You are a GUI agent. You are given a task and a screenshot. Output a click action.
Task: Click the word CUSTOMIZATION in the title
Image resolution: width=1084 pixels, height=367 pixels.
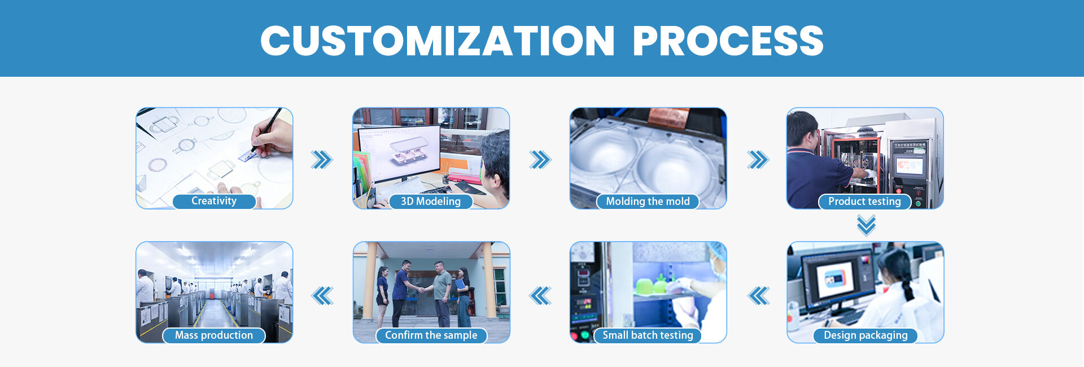(438, 41)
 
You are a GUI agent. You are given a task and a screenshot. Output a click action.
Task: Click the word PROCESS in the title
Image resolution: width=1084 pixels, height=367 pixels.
(728, 41)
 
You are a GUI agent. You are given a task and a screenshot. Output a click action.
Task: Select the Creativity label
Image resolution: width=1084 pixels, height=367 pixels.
(214, 201)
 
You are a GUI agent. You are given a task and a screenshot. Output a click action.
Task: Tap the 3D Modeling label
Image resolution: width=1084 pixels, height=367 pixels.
(431, 202)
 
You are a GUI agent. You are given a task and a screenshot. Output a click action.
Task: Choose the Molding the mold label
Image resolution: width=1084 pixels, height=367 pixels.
(648, 202)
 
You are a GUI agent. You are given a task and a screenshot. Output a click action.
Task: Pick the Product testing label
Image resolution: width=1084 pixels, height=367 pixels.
(864, 202)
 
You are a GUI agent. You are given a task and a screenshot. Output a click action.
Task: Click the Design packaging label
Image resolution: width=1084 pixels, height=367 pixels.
(866, 335)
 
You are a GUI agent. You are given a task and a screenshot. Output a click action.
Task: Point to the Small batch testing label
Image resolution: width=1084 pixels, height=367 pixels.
(648, 335)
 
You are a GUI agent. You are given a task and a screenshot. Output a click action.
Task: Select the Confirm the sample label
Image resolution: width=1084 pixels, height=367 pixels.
(431, 335)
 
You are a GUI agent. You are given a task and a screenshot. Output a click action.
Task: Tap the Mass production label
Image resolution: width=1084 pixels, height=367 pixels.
(214, 335)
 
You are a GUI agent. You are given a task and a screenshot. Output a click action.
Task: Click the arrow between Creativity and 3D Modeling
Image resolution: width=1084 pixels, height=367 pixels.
(322, 160)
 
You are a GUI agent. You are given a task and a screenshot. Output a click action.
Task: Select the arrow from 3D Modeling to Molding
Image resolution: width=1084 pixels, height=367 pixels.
(540, 160)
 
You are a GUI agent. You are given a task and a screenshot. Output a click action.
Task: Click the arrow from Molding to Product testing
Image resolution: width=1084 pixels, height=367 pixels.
(758, 160)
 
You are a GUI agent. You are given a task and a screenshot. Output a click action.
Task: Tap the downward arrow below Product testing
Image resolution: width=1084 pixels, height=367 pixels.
(866, 225)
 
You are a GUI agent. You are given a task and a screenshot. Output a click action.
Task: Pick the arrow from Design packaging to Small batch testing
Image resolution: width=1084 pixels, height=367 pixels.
(759, 295)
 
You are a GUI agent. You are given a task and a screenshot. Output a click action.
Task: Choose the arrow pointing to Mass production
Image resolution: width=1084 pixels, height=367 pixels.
(322, 295)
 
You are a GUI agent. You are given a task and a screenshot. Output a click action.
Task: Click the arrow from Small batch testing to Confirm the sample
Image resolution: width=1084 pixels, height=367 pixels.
(540, 295)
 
